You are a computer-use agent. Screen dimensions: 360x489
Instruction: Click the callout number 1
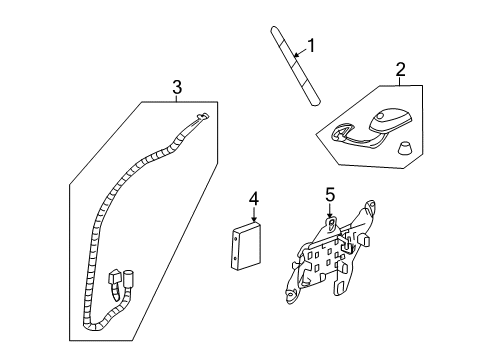tap(311, 45)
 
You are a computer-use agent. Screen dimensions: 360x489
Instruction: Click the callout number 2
tap(400, 70)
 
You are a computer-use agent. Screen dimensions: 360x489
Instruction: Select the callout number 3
tap(177, 87)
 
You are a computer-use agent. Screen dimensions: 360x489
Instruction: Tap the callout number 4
tap(254, 199)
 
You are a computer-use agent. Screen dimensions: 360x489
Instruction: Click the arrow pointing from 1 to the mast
tap(297, 52)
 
